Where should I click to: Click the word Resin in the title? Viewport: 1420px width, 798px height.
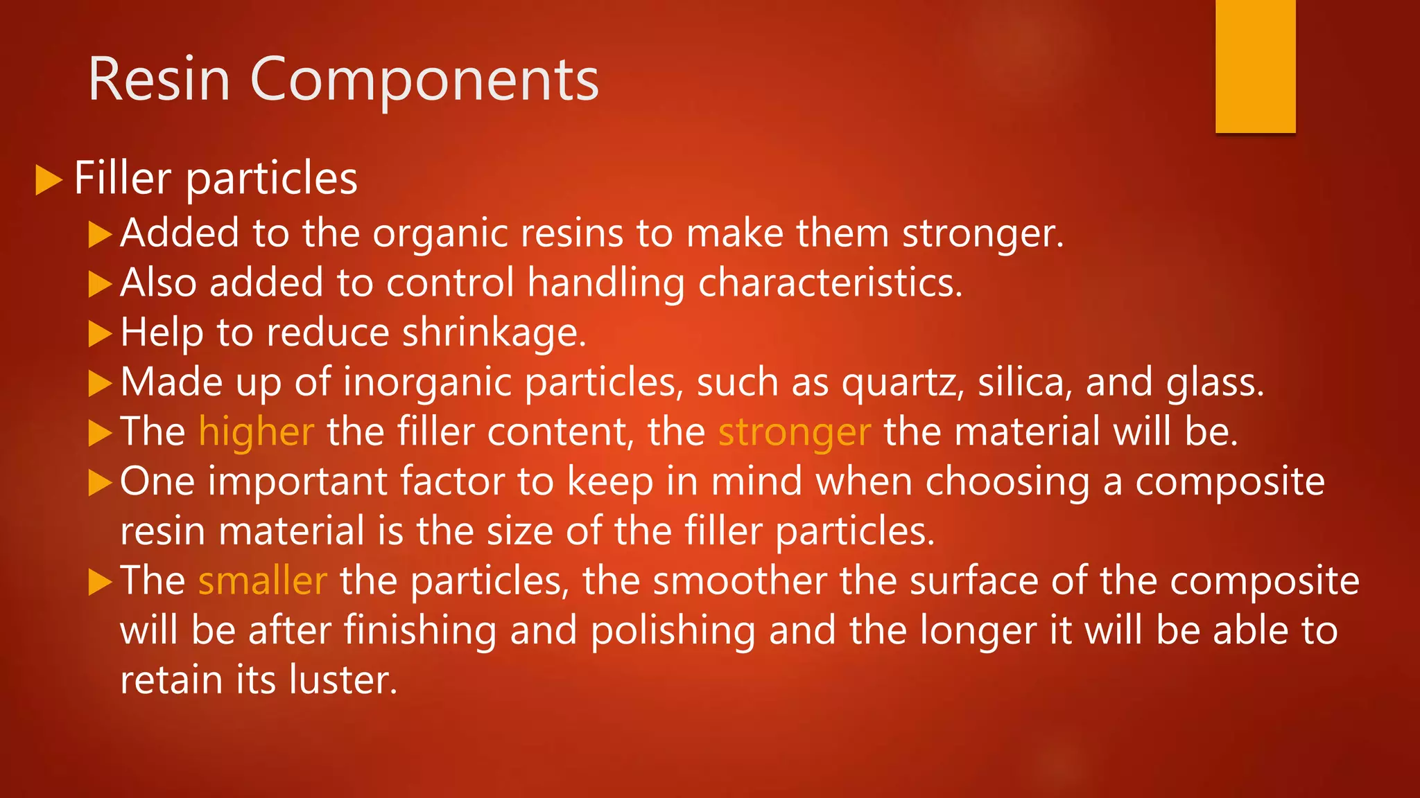159,80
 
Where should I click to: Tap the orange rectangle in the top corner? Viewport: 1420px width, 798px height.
1255,66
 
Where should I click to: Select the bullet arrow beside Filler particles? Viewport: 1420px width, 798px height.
49,179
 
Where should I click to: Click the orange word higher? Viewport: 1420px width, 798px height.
257,432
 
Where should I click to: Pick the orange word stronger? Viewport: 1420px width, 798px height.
794,433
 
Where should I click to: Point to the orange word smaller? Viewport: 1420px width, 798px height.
262,580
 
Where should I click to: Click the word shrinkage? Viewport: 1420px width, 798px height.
494,333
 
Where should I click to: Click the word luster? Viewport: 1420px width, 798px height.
343,680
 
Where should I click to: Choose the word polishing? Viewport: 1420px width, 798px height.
673,631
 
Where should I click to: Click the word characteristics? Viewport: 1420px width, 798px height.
830,283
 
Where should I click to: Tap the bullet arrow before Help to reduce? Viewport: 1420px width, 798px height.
101,334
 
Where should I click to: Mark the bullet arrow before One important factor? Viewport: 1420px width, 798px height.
101,483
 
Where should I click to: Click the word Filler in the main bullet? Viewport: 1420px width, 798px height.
123,178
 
